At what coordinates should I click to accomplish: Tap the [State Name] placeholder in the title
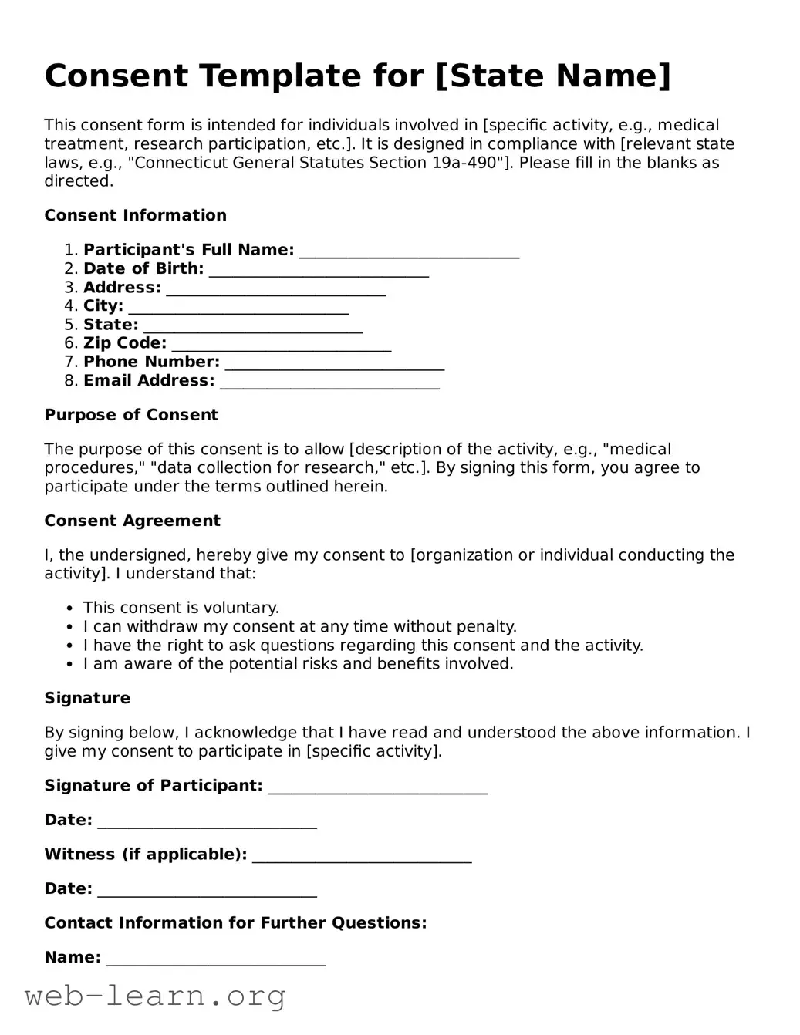tap(553, 76)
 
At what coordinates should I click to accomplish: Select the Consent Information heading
tap(135, 215)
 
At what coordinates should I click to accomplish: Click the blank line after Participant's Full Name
tap(409, 251)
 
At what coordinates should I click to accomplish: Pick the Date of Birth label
tap(143, 268)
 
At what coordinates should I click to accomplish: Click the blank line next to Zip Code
tap(281, 345)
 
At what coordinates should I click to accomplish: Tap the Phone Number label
tap(151, 362)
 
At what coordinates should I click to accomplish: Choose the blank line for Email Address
tap(329, 383)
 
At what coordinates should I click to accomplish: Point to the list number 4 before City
tap(70, 306)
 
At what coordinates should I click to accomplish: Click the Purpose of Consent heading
tap(131, 415)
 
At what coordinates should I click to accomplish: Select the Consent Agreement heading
tap(132, 521)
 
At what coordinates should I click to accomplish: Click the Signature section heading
tap(87, 698)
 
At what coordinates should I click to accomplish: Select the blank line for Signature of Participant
tap(377, 787)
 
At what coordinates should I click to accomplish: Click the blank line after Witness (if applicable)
tap(362, 856)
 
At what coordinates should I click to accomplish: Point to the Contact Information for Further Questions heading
tap(235, 923)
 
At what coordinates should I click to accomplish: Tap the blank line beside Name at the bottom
tap(215, 959)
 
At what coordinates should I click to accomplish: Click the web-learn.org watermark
tap(155, 996)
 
